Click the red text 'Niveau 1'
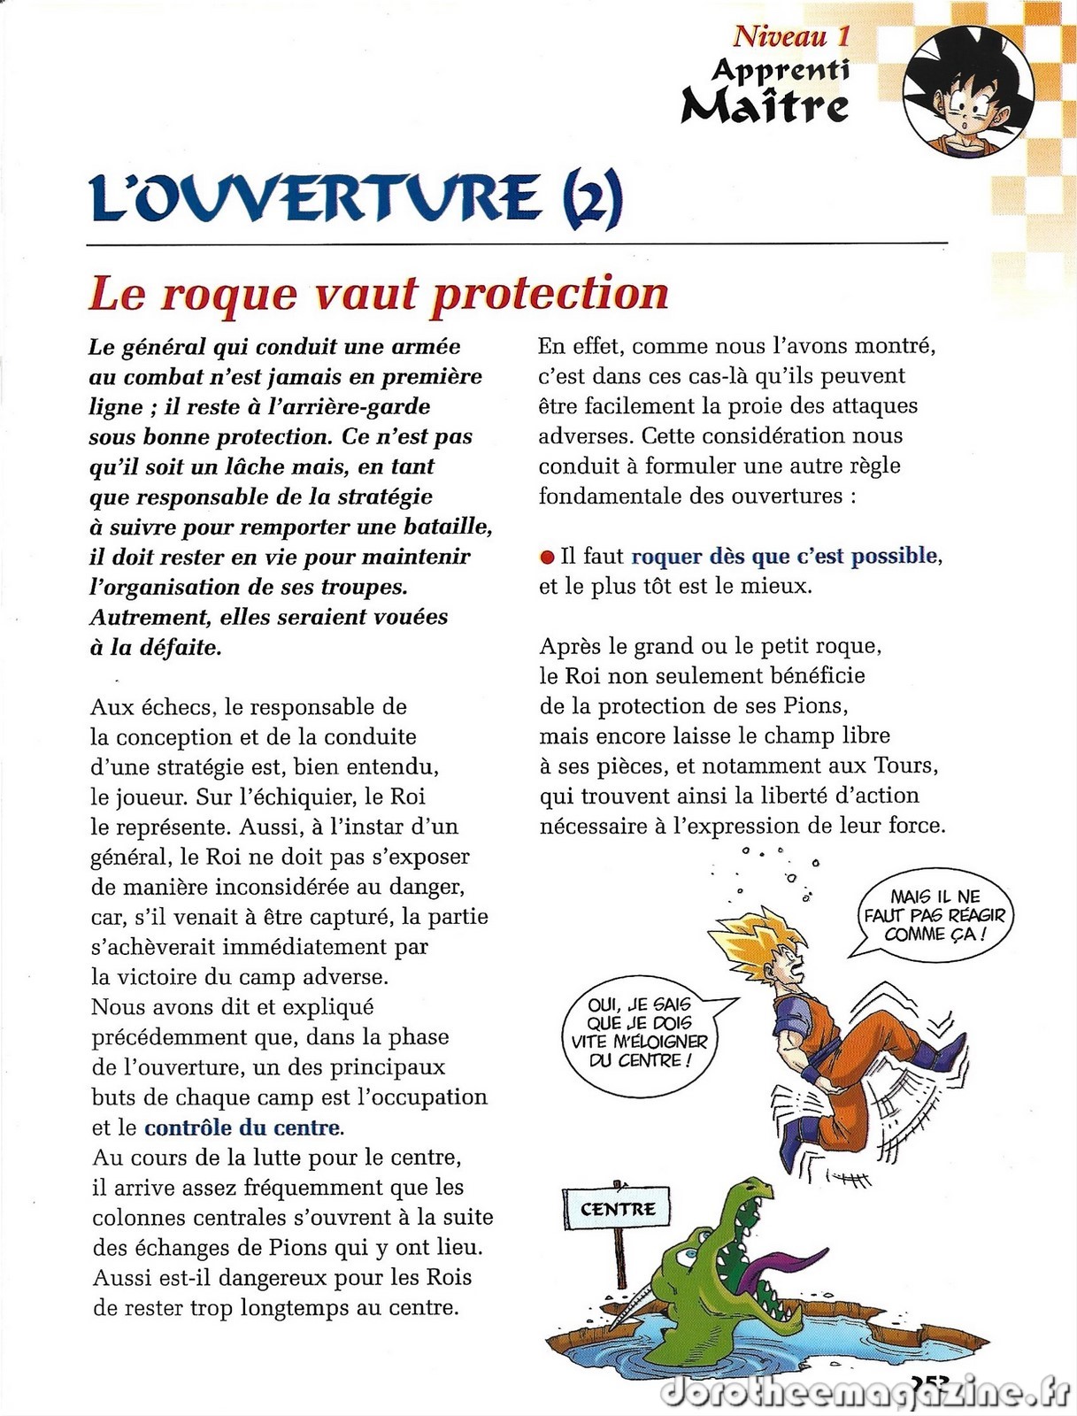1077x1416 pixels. click(791, 36)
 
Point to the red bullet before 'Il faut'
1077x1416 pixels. click(547, 558)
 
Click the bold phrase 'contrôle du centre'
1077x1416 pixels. click(242, 1127)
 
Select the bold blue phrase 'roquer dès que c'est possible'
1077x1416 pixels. click(784, 556)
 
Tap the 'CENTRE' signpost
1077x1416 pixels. click(618, 1209)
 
